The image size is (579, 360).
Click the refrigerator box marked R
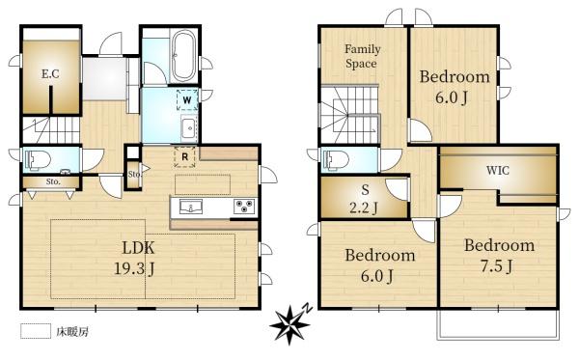coord(183,154)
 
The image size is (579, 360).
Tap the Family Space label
coord(363,56)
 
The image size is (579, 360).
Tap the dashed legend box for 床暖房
coord(35,331)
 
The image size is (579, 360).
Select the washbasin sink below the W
coord(188,128)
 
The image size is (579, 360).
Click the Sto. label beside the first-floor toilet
coord(53,181)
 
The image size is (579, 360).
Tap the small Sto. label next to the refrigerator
coord(134,174)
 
